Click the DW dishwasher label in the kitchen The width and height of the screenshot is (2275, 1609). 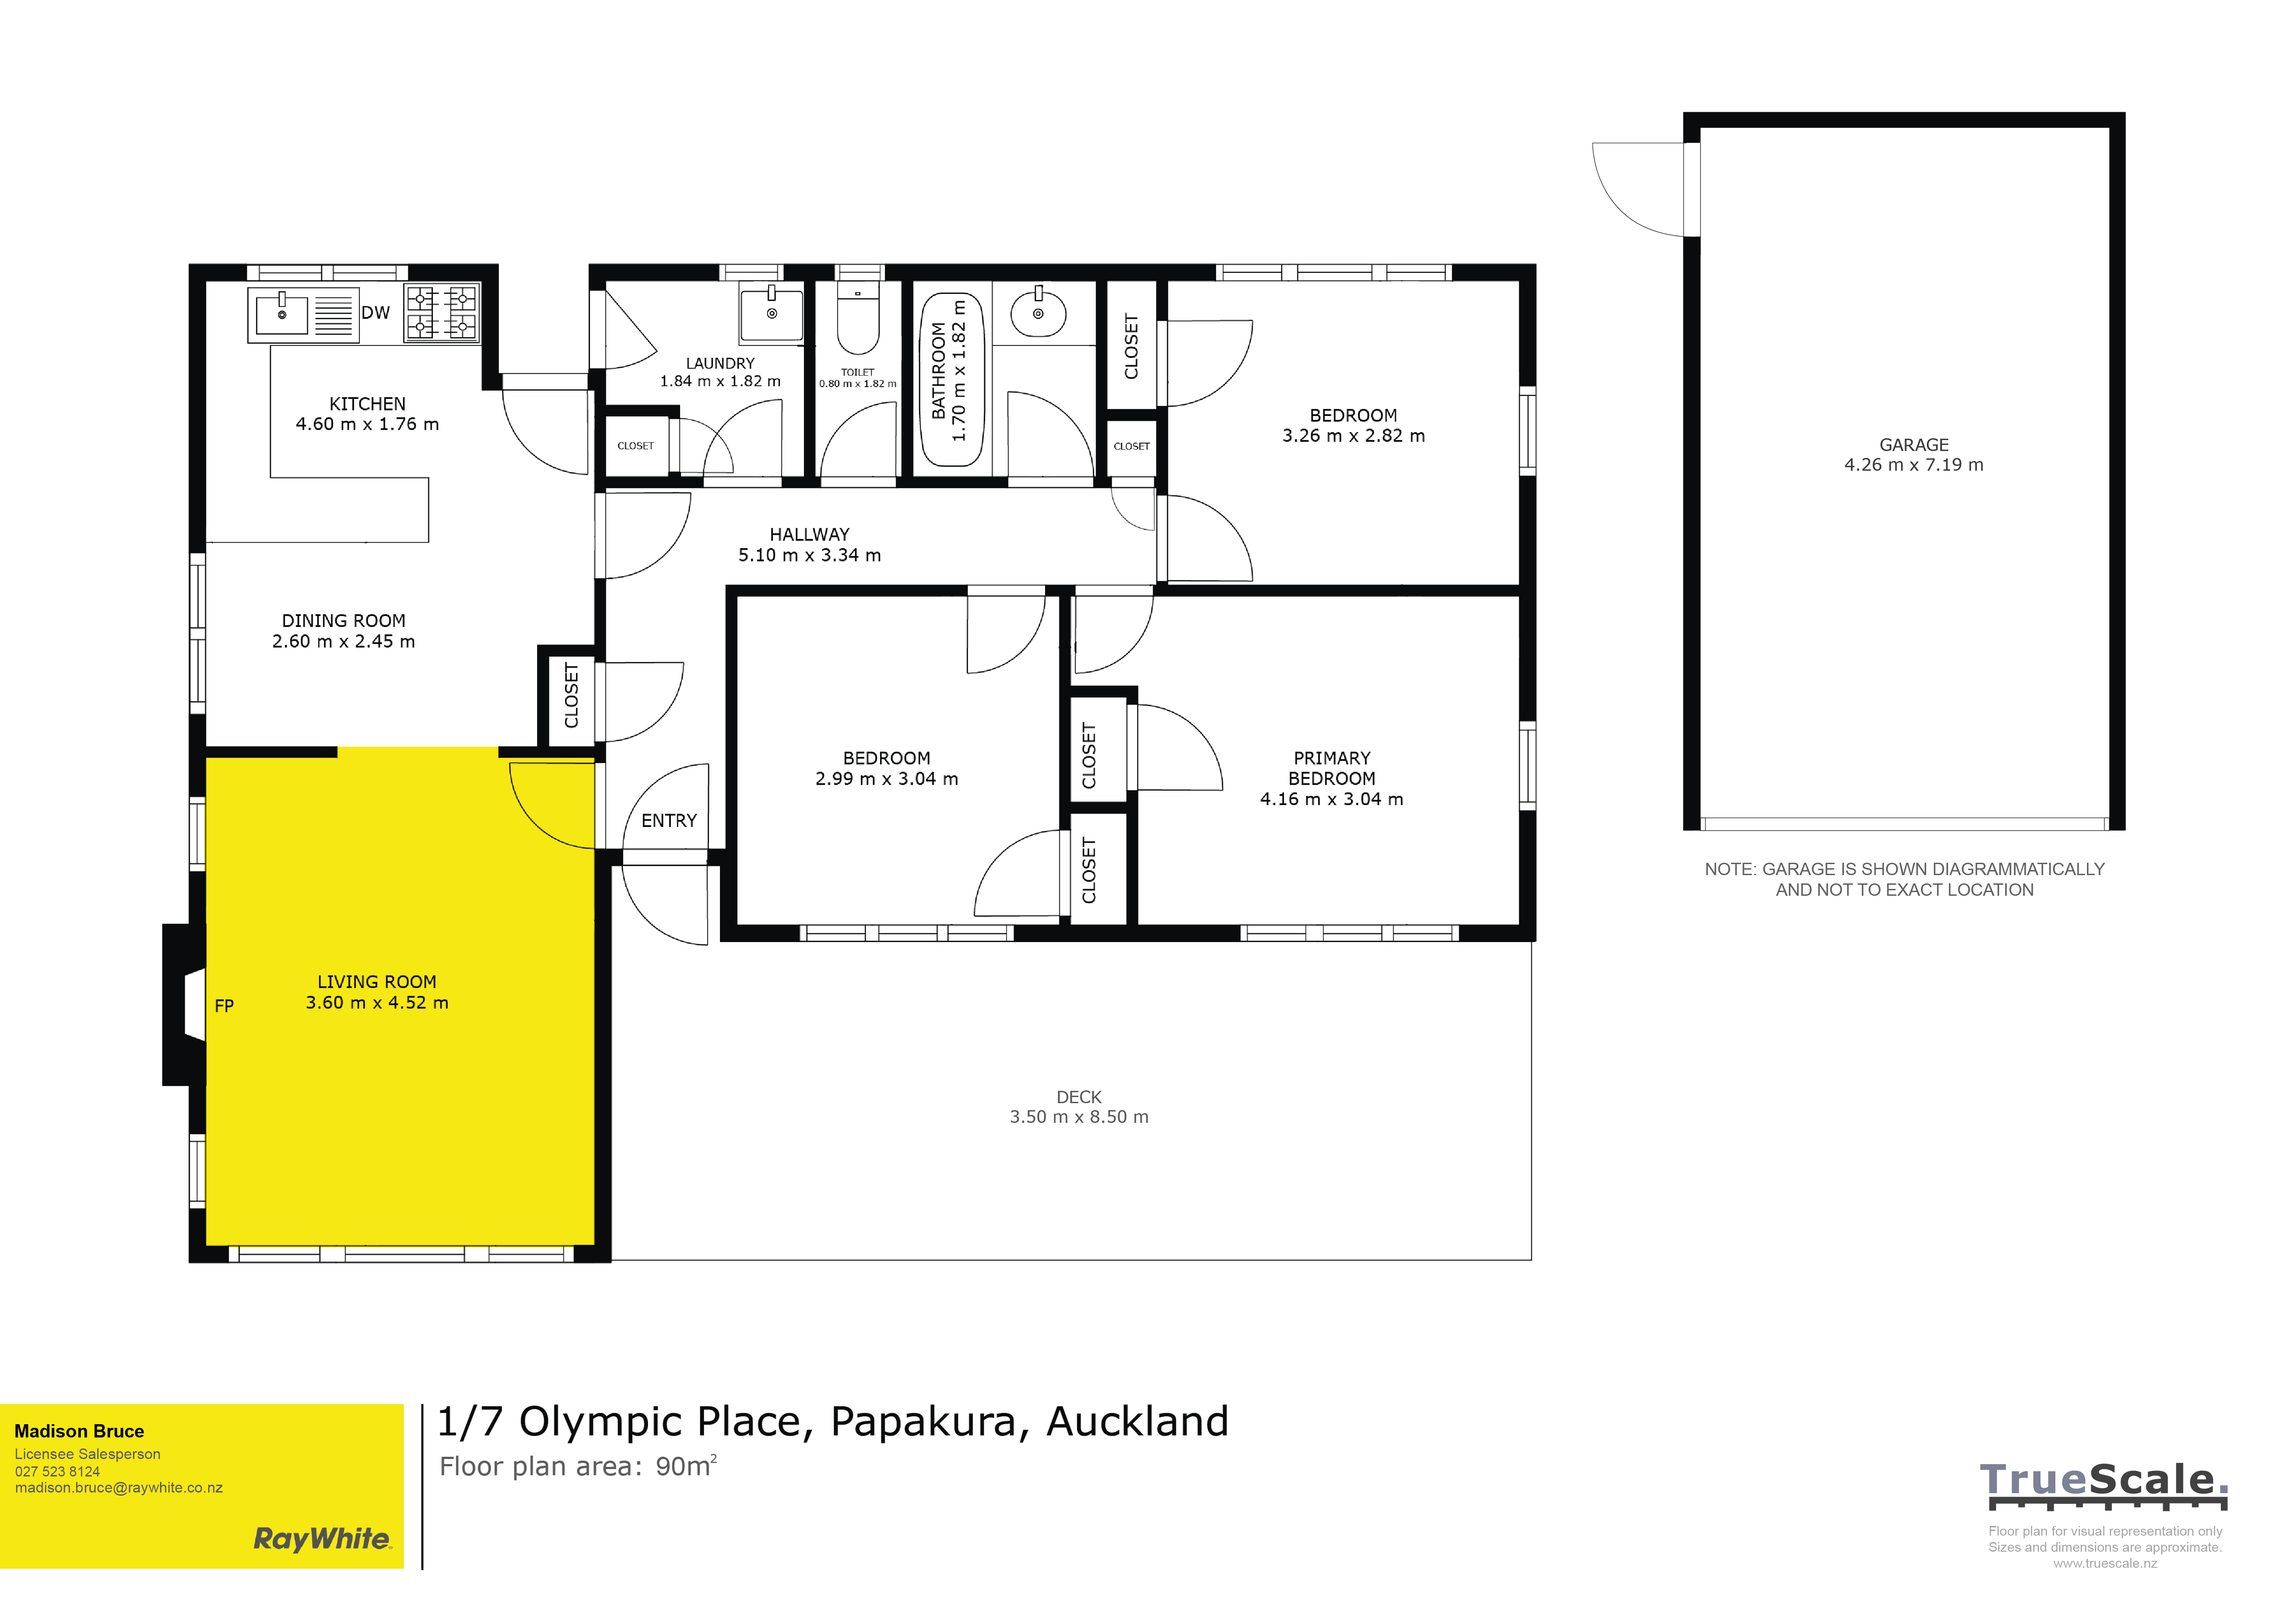tap(376, 313)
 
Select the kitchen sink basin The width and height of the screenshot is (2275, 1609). tap(282, 314)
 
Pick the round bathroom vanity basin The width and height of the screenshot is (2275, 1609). tap(1038, 314)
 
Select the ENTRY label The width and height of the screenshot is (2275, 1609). tap(669, 821)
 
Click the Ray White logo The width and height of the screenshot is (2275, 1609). tap(323, 1539)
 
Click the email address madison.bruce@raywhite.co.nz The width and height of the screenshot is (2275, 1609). tap(119, 1488)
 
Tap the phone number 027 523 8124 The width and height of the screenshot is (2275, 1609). tap(57, 1471)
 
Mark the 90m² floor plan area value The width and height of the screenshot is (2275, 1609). tap(686, 1466)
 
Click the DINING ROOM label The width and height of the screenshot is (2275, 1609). tap(344, 621)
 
